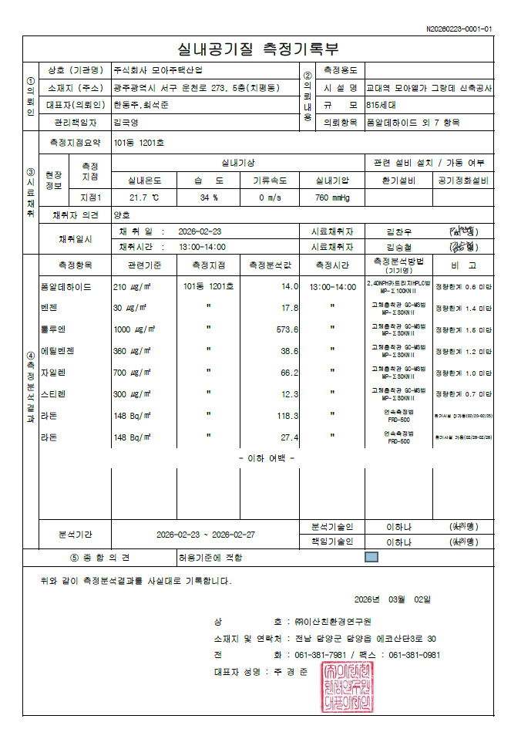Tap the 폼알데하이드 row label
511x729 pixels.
click(66, 286)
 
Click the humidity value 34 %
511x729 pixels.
click(209, 197)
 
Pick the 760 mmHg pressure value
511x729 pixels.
click(332, 197)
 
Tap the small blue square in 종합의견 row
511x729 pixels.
click(371, 556)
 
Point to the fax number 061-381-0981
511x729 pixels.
click(415, 655)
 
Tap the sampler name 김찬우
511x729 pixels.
click(399, 231)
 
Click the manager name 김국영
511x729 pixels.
click(125, 122)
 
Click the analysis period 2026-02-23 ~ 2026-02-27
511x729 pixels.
click(206, 534)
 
